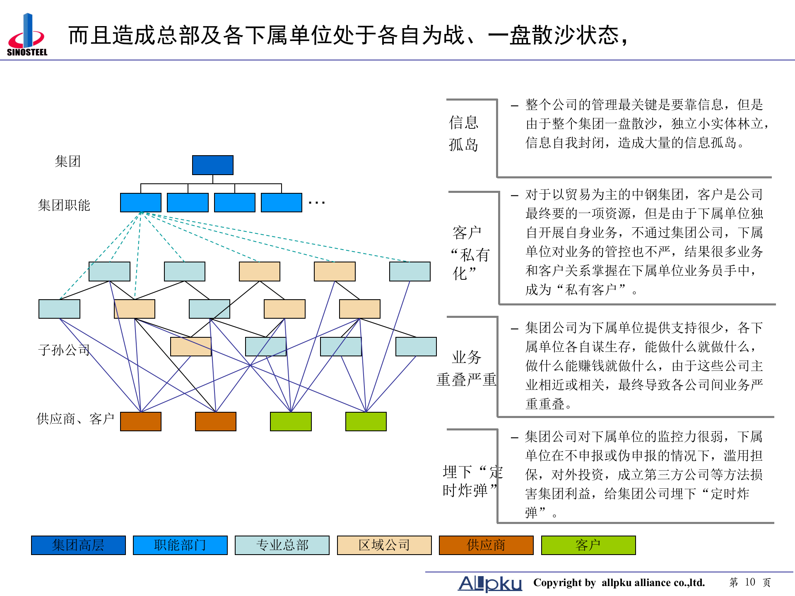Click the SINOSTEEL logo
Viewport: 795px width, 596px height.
pos(26,35)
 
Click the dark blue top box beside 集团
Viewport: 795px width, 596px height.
pos(212,165)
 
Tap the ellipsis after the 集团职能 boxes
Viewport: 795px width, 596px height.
pos(317,203)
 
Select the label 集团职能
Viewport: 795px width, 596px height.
pos(64,205)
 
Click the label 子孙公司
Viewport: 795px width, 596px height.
pos(64,350)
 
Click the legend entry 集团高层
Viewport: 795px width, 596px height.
pos(78,545)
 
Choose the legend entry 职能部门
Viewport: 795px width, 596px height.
pos(180,545)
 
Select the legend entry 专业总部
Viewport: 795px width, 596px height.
pos(282,545)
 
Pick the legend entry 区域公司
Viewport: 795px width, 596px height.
pos(384,545)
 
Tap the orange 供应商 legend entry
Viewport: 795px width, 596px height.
pos(486,545)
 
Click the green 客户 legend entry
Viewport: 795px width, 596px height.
pos(588,545)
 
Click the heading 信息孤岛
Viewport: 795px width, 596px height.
pos(464,133)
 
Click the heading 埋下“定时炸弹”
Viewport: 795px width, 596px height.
pos(472,481)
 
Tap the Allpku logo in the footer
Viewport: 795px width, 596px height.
pos(490,583)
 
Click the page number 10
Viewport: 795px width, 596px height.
pos(750,582)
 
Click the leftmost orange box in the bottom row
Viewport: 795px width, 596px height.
pos(141,421)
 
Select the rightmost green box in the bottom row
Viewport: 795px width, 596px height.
pos(366,421)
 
